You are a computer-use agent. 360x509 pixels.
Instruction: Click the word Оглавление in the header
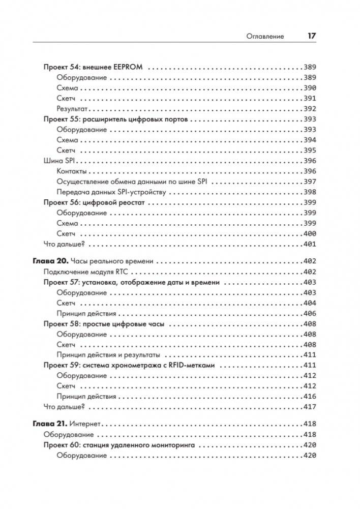click(265, 37)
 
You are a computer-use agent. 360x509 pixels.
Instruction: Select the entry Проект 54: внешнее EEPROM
click(93, 67)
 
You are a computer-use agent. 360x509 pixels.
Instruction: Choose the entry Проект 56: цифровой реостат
click(94, 202)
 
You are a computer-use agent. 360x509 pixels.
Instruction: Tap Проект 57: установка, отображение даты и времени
click(132, 282)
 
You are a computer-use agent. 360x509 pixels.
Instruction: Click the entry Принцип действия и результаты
click(108, 355)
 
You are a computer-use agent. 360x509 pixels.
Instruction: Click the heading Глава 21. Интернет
click(67, 424)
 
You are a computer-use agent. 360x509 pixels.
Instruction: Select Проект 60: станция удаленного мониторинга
click(121, 445)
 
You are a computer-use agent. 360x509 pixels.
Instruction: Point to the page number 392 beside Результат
click(309, 108)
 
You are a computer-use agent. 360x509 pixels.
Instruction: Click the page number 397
click(309, 182)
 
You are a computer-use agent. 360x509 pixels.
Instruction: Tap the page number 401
click(309, 244)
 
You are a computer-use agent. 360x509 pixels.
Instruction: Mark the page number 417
click(309, 407)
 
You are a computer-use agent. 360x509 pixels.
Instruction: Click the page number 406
click(309, 313)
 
